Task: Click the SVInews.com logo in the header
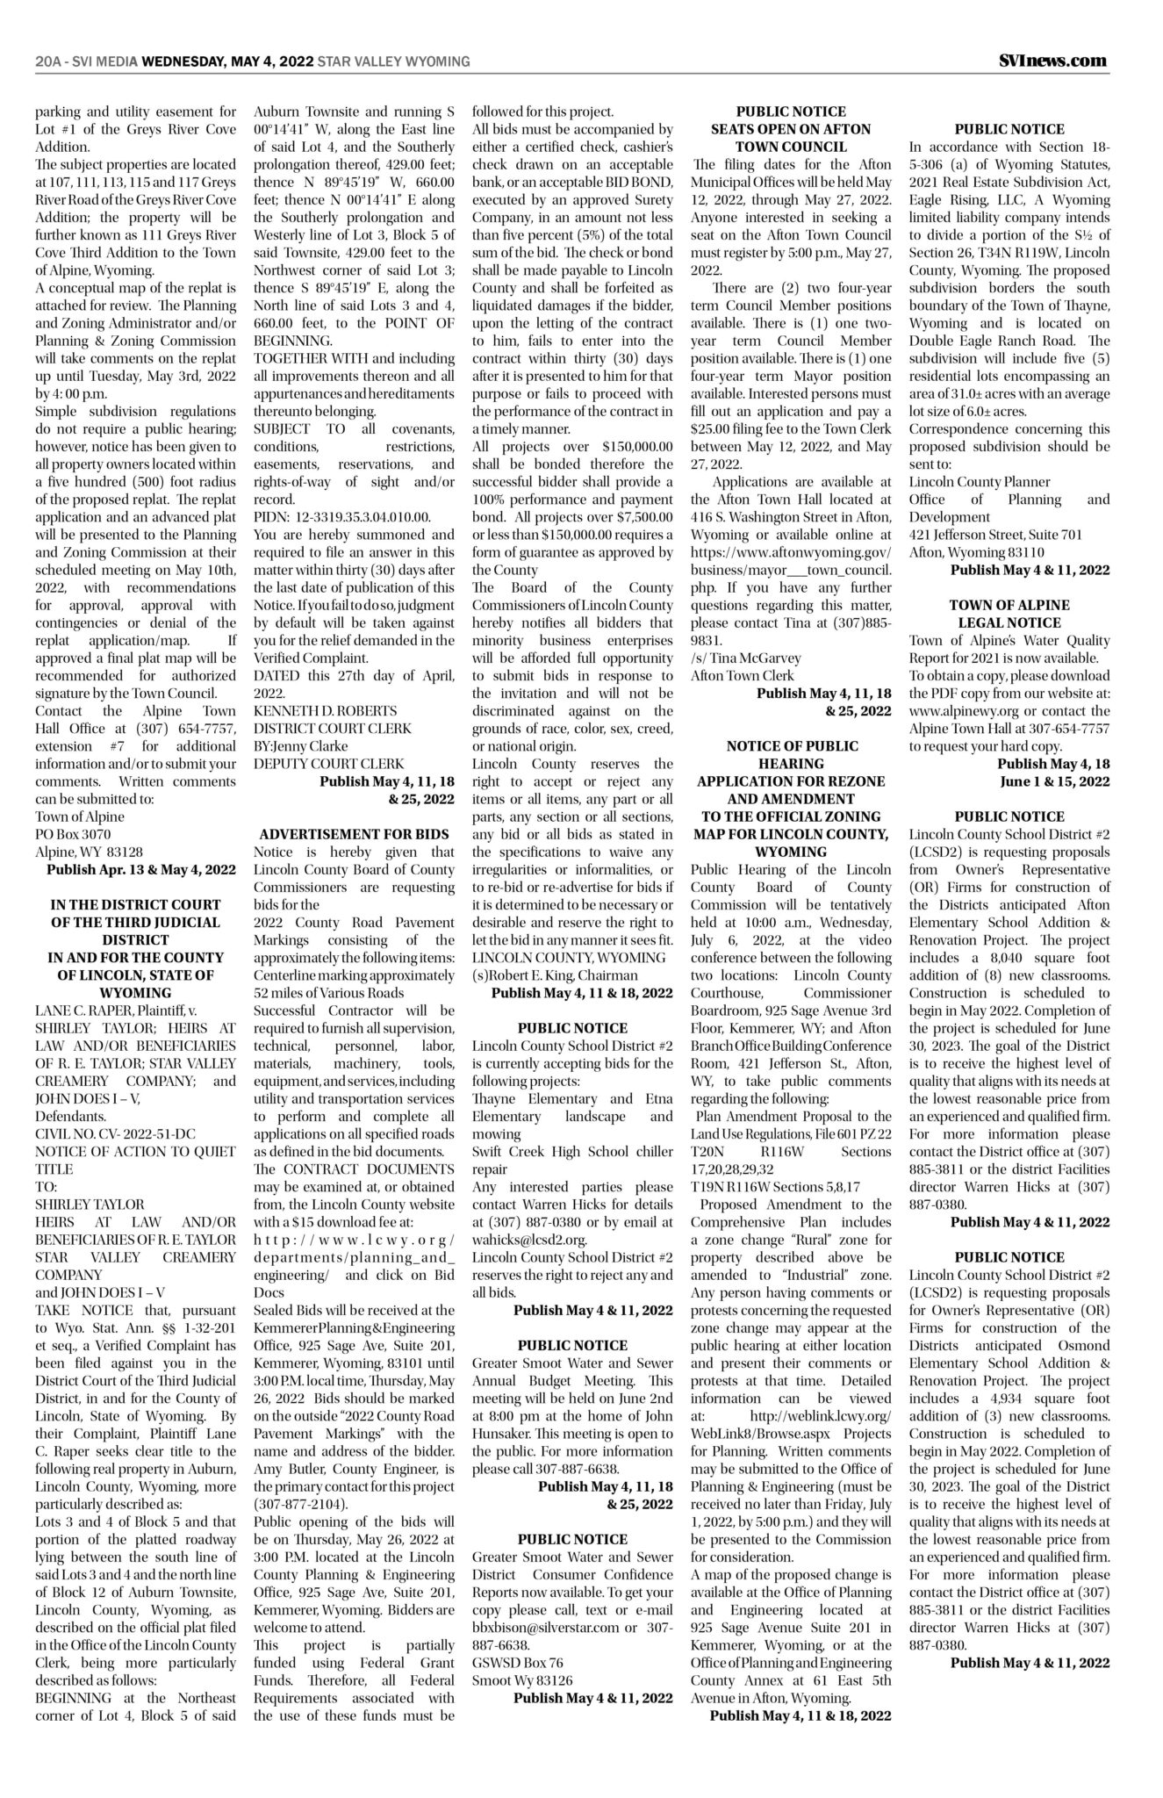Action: (x=1052, y=61)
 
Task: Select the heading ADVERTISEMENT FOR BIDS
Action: (x=355, y=834)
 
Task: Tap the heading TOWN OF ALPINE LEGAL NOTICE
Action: (x=1009, y=614)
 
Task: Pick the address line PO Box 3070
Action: (x=73, y=834)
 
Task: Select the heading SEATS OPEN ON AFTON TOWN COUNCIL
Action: (x=791, y=138)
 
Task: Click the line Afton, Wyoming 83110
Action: (x=976, y=552)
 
